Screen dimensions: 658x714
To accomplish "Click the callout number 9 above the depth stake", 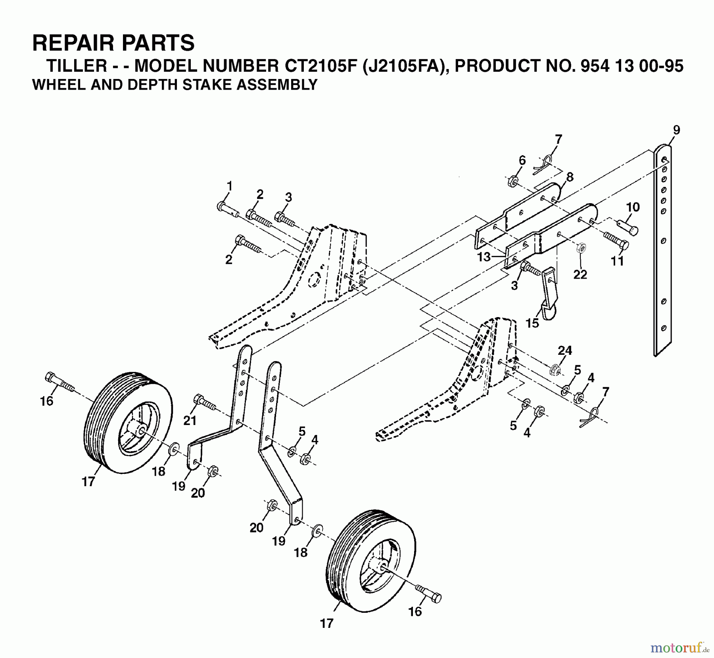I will (676, 130).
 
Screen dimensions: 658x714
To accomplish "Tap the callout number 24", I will (565, 350).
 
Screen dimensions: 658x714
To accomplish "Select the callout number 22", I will (580, 274).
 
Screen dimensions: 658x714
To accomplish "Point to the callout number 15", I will (532, 323).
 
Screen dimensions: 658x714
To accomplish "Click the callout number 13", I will (484, 257).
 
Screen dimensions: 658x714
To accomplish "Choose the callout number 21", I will (190, 420).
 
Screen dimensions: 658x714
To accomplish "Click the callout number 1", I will (229, 186).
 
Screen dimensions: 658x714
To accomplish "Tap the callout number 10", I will (633, 207).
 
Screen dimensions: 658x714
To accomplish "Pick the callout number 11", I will (617, 261).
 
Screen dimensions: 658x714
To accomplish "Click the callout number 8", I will (570, 177).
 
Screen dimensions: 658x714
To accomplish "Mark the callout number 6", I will (522, 160).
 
